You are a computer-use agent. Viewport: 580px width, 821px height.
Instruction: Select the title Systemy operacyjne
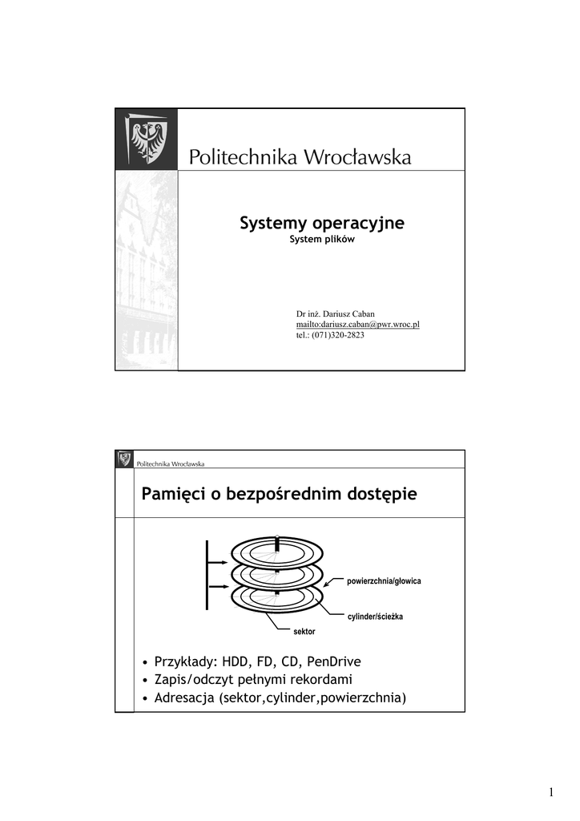(321, 223)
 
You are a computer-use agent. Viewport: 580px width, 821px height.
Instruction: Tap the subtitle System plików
(321, 240)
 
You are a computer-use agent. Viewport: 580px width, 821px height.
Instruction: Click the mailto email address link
(358, 324)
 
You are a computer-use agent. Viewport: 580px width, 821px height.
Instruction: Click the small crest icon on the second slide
(124, 459)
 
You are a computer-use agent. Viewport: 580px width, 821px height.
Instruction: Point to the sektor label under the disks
(304, 632)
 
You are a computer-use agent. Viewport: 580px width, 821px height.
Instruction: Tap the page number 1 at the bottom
(552, 793)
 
